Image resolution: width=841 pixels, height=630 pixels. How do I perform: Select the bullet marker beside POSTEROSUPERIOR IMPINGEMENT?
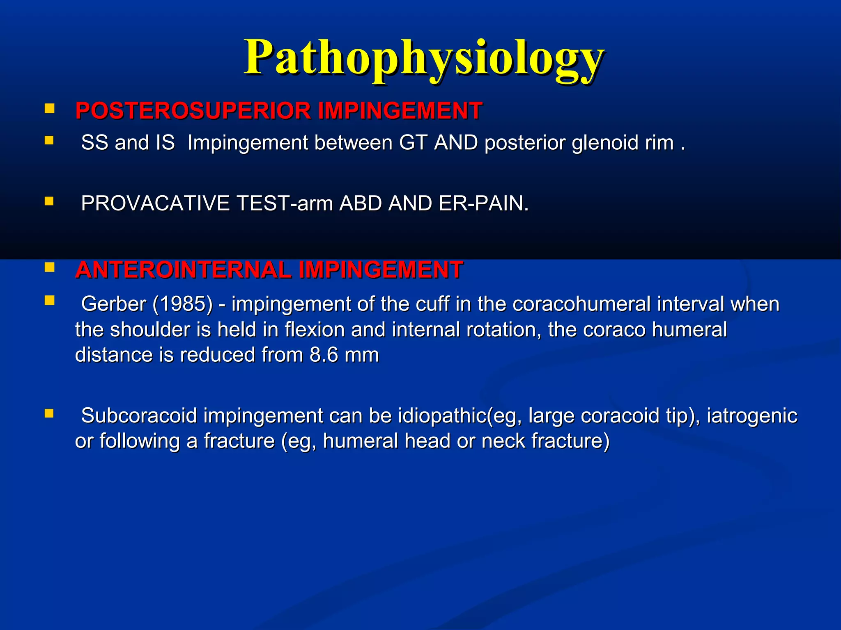(49, 109)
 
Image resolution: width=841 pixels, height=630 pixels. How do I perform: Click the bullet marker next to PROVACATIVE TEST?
(49, 201)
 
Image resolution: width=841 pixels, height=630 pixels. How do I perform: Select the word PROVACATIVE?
(155, 203)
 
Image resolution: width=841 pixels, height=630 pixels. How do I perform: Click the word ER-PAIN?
(483, 203)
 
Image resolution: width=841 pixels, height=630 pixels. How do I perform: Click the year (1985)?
(182, 304)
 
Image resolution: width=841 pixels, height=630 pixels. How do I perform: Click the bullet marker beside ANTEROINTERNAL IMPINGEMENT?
(49, 268)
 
